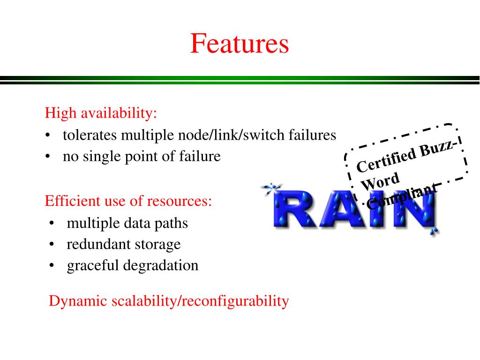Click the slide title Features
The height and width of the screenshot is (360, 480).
click(x=240, y=44)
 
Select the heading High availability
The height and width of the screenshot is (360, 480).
click(x=101, y=113)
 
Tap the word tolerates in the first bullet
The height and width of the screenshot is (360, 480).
click(x=90, y=135)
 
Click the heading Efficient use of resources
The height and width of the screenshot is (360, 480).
click(x=128, y=201)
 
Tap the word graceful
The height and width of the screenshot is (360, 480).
click(x=93, y=265)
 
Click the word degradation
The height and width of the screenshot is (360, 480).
click(x=161, y=265)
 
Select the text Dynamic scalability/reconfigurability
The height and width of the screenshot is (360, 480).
click(x=169, y=301)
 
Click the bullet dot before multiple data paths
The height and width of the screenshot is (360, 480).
click(x=51, y=224)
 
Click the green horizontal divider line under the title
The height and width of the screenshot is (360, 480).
click(x=240, y=78)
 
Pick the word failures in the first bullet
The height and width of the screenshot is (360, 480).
click(x=312, y=135)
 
